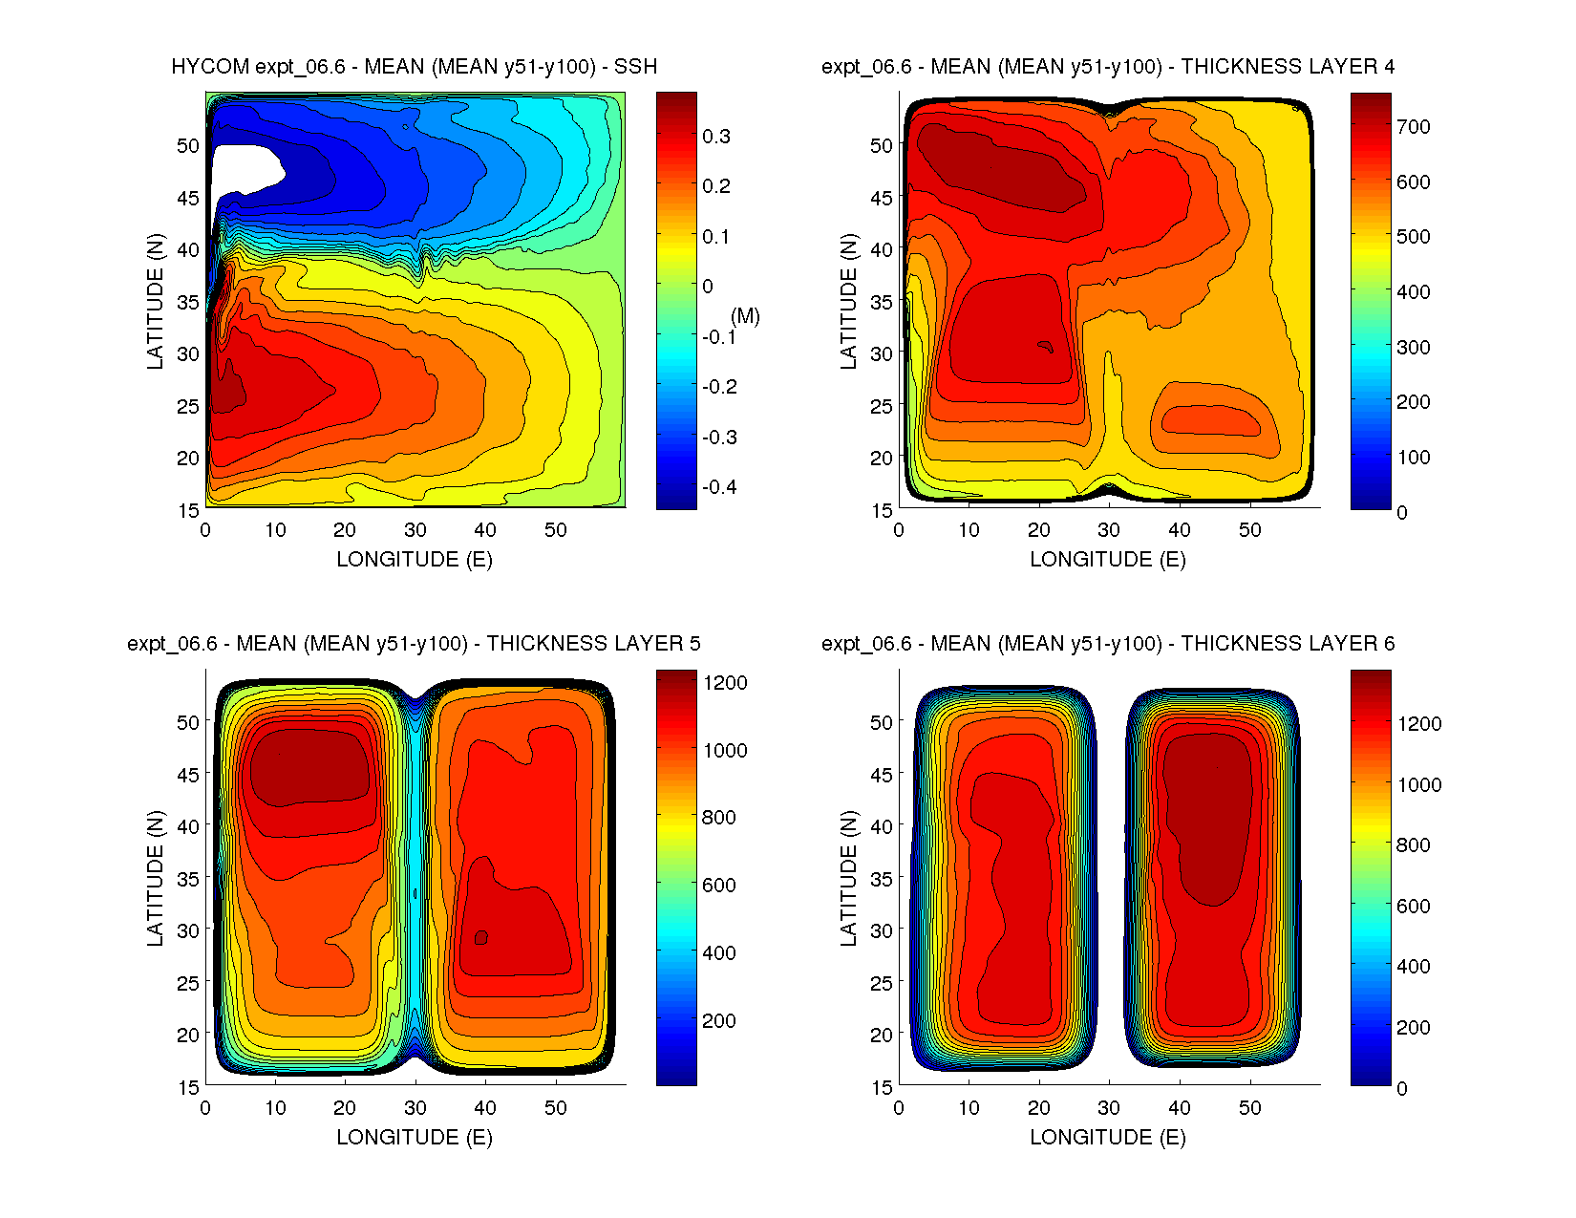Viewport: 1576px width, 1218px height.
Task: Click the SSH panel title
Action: coord(414,66)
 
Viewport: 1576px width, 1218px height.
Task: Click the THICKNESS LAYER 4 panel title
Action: coord(1107,66)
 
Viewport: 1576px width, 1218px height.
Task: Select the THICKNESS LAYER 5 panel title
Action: coord(414,643)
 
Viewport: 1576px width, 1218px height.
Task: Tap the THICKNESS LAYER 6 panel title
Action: coord(1107,643)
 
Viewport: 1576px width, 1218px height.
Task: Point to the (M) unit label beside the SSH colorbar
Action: coord(745,316)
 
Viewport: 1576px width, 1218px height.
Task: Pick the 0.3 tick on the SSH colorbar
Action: coord(715,137)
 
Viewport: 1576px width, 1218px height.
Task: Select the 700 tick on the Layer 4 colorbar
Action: coord(1413,126)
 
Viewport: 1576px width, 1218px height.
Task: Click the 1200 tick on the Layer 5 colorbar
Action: coord(725,682)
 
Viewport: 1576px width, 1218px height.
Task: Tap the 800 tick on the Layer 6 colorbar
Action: coord(1413,844)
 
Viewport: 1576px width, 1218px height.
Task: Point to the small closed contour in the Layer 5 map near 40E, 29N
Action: coord(481,937)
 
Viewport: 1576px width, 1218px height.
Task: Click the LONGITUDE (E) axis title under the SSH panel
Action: coord(414,559)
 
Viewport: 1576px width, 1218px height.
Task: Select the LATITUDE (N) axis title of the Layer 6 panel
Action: coord(848,878)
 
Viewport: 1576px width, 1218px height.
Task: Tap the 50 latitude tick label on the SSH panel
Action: coord(187,145)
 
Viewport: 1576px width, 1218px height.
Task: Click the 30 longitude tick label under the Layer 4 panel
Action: coord(1108,530)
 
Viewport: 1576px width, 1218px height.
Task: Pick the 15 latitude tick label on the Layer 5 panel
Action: coord(187,1086)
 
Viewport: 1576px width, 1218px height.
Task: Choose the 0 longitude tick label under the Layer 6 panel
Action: coord(899,1108)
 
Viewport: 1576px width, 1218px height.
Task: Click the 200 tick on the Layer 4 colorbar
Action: coord(1413,402)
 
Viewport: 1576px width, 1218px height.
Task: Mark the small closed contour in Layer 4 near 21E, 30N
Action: coord(1046,347)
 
